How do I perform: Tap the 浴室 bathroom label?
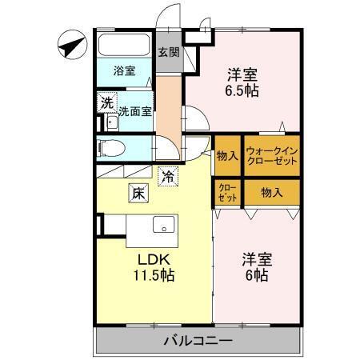[123, 70]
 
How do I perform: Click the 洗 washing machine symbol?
[106, 102]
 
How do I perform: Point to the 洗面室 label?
[135, 111]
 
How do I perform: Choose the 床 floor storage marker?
[137, 192]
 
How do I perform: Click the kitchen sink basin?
[164, 225]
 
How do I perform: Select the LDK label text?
[149, 260]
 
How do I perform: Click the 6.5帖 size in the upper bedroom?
[242, 90]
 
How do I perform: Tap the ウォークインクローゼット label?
[271, 155]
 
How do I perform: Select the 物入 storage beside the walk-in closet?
[227, 155]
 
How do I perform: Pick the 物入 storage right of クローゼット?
[271, 192]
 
